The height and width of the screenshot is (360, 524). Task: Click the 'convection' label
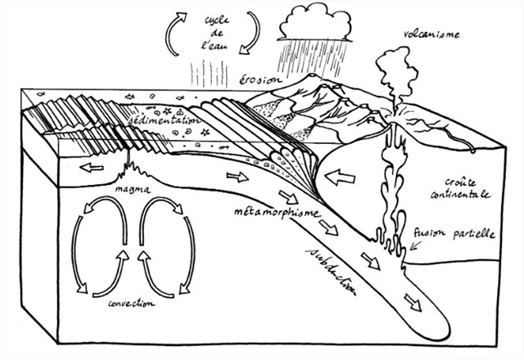point(131,303)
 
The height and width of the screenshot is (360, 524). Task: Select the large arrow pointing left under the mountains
point(344,176)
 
